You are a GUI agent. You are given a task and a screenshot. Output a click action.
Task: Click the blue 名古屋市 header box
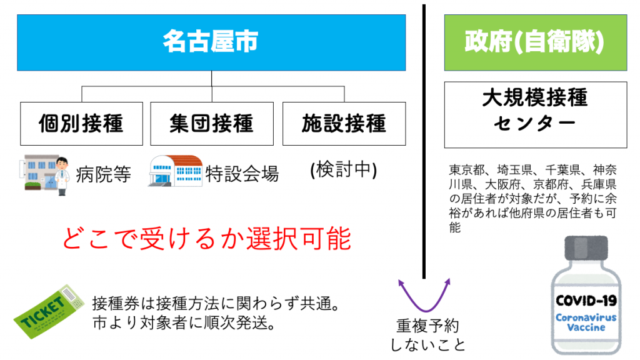(x=211, y=42)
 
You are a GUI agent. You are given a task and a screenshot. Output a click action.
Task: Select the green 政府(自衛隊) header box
(x=536, y=42)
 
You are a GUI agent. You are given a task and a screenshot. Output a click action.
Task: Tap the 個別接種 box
(x=82, y=124)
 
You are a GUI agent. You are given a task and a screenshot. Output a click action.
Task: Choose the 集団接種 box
(x=212, y=124)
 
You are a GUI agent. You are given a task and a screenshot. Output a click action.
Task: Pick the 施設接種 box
(x=344, y=124)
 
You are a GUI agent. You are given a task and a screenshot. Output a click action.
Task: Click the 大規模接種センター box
(x=536, y=115)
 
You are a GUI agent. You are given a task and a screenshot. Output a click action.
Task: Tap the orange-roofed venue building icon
(x=176, y=171)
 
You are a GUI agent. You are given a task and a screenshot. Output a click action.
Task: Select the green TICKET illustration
(x=49, y=311)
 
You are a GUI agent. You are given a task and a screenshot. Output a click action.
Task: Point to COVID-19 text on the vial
(x=586, y=301)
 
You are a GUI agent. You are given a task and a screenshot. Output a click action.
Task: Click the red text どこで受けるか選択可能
(x=206, y=238)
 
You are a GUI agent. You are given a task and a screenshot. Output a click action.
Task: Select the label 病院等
(x=103, y=175)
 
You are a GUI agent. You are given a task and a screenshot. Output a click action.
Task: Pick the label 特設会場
(x=242, y=174)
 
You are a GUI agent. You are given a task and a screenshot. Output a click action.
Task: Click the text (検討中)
(x=344, y=170)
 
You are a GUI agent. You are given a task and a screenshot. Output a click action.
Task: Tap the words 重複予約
(x=427, y=326)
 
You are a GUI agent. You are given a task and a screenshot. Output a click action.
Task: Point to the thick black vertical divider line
(x=424, y=141)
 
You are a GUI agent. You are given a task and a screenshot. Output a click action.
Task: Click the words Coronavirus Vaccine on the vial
(x=586, y=322)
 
